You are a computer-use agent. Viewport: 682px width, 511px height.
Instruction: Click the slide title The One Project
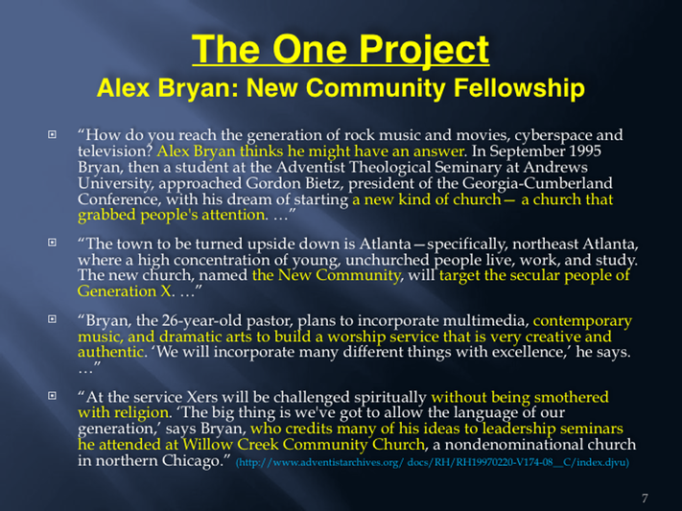point(341,50)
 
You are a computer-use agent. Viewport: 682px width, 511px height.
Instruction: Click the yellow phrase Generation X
point(125,290)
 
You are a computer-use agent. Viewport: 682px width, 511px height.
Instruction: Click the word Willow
point(206,445)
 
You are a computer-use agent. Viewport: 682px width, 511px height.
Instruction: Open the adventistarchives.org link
point(433,462)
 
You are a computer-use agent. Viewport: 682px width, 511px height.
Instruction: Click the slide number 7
point(645,498)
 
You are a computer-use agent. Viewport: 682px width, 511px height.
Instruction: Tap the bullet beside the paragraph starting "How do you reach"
point(52,134)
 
